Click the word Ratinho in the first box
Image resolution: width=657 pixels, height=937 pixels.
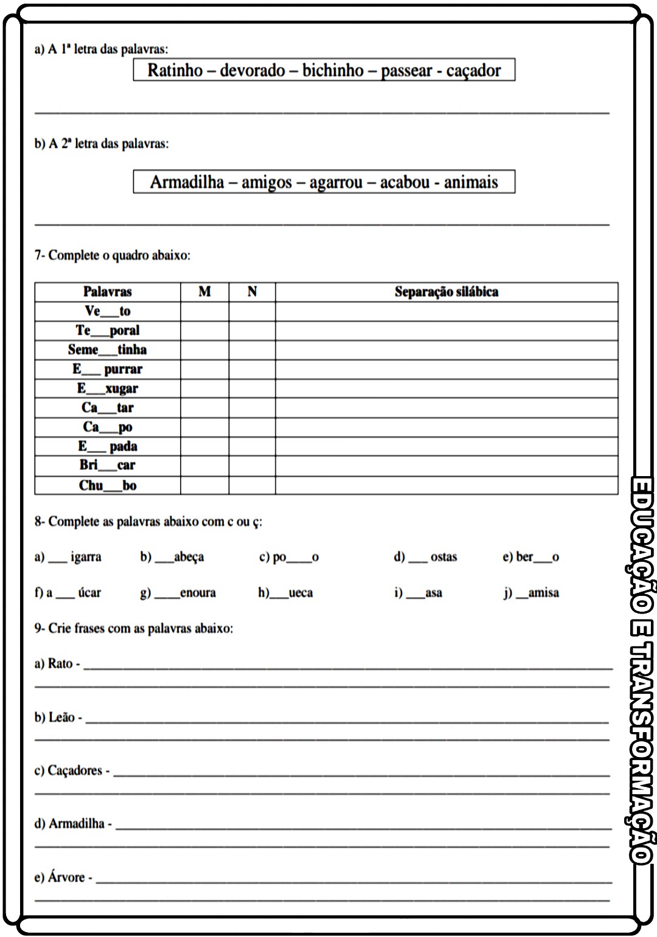[x=175, y=71]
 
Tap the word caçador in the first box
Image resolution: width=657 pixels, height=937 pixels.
[x=473, y=71]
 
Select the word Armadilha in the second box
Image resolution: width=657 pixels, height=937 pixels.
[x=187, y=182]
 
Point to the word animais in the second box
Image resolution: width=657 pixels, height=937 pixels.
[x=471, y=182]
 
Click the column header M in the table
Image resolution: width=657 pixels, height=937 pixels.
[x=204, y=292]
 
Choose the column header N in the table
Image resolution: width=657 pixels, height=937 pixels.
[x=252, y=292]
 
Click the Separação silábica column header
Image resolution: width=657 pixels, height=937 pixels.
[x=446, y=292]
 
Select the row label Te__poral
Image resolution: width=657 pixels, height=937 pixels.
[x=108, y=330]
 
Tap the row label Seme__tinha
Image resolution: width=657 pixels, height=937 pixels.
[x=108, y=350]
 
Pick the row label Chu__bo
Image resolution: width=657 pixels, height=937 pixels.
[x=108, y=485]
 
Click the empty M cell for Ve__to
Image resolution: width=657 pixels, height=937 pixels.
[x=204, y=311]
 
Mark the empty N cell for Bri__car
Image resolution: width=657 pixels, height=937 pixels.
[x=252, y=466]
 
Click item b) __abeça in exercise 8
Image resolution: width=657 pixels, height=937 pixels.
[x=173, y=557]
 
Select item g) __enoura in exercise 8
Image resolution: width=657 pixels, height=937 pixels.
[x=178, y=593]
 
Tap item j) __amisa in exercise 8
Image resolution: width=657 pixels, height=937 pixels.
[x=531, y=593]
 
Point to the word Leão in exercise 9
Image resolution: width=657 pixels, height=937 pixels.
[x=61, y=717]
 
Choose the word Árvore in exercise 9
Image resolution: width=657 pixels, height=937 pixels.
[x=66, y=877]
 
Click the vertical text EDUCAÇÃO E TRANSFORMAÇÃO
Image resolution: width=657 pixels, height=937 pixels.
[x=641, y=669]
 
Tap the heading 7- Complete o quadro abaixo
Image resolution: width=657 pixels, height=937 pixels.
[x=113, y=255]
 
